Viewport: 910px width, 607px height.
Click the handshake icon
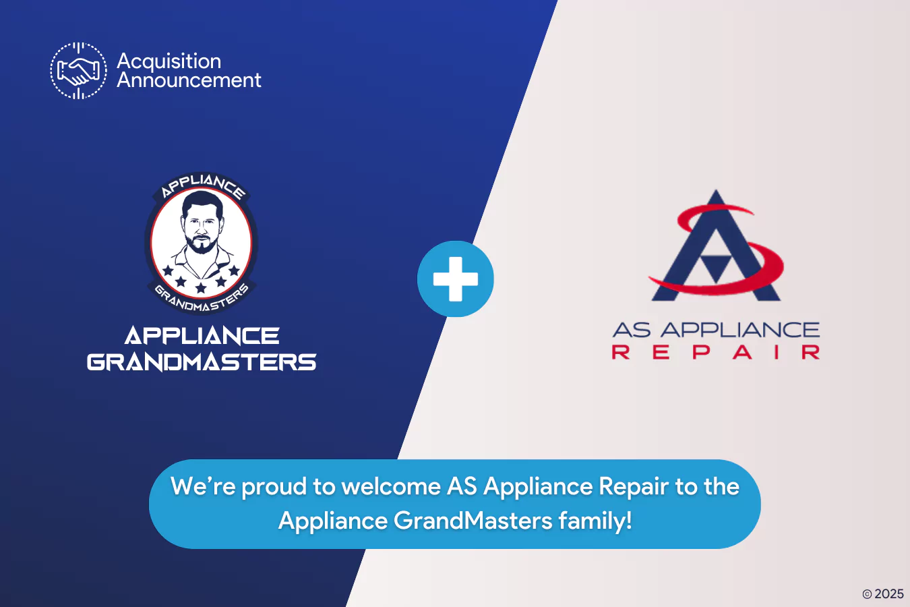click(78, 71)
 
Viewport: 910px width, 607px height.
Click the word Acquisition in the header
click(169, 61)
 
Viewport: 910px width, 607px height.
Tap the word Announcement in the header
click(189, 80)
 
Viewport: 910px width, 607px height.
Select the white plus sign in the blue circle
click(456, 279)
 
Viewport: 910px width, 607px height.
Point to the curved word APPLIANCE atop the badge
click(202, 185)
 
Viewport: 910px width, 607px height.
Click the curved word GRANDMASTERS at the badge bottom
click(202, 300)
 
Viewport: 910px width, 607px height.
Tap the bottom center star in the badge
click(201, 288)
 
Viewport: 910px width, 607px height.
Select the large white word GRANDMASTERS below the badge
click(202, 362)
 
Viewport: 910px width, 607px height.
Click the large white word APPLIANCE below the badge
click(202, 336)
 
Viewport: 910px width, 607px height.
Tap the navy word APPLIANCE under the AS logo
click(739, 330)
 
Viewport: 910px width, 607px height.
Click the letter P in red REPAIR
click(701, 352)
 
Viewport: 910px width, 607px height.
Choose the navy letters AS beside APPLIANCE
click(632, 330)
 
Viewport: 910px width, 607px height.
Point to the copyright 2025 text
click(883, 594)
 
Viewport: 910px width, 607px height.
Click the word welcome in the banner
click(391, 486)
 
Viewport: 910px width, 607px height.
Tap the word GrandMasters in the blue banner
click(473, 521)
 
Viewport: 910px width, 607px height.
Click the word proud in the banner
click(273, 486)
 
